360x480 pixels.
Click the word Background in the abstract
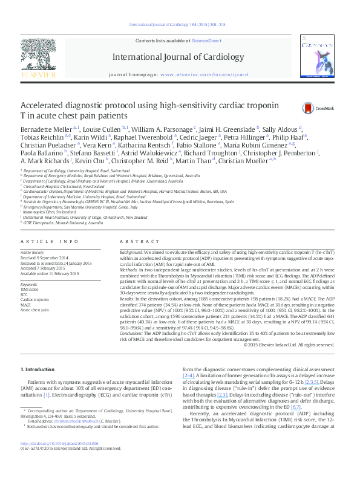[131, 267]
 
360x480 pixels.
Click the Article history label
[33, 267]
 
